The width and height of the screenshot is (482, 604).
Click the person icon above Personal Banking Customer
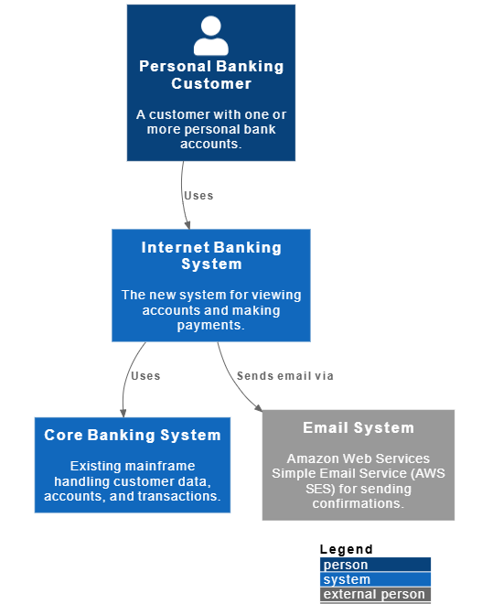coord(211,36)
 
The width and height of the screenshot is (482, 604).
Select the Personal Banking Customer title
coord(211,75)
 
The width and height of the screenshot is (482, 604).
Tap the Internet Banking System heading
coord(211,255)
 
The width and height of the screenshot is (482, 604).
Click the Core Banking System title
coord(133,435)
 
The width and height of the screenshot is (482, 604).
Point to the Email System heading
coord(359,427)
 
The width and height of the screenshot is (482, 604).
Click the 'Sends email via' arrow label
coord(284,376)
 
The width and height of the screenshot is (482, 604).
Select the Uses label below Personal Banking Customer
coord(198,196)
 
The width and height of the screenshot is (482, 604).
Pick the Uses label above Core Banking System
coord(145,376)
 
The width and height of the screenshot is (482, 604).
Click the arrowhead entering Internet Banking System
coord(187,225)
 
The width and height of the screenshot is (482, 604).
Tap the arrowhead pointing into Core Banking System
coord(123,414)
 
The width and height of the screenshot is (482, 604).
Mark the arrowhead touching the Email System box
coord(258,407)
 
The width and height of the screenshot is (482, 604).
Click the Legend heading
coord(346,549)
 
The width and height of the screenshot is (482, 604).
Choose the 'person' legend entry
coord(346,565)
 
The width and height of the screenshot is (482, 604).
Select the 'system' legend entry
coord(347,579)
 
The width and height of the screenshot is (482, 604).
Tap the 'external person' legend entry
coord(374,594)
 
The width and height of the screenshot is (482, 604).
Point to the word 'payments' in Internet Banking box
coord(209,326)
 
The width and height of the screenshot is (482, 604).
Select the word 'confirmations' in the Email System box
coord(357,503)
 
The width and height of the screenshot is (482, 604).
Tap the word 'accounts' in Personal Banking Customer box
coord(209,144)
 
